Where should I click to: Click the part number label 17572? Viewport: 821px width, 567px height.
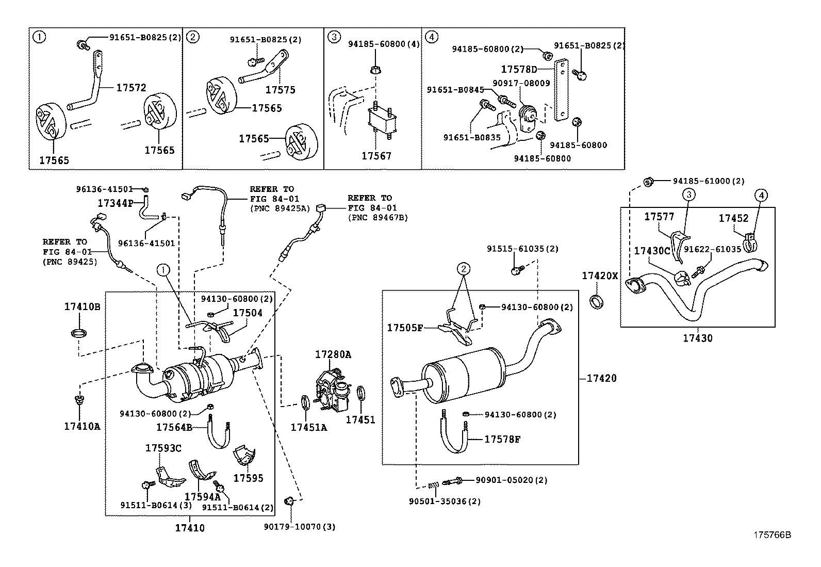point(131,88)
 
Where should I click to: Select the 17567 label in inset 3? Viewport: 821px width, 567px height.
point(376,156)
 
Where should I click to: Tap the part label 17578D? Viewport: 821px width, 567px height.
point(519,69)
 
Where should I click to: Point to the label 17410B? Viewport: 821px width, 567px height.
point(82,306)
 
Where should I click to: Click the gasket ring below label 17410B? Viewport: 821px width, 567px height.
point(78,332)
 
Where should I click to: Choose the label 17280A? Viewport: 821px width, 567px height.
point(333,354)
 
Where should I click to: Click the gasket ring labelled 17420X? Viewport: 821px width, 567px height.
point(596,301)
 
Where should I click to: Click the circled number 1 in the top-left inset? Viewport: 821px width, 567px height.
point(38,37)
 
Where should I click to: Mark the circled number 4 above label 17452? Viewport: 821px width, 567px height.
point(761,195)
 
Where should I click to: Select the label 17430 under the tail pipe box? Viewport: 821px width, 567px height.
point(697,338)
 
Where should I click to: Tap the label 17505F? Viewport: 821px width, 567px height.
point(405,328)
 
